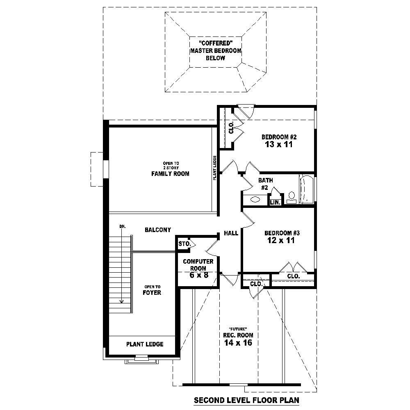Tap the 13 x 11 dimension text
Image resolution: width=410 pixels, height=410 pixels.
[278, 144]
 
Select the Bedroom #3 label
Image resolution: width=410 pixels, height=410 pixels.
[282, 233]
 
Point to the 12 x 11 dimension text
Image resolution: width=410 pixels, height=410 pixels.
[280, 241]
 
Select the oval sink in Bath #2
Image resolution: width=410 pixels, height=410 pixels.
[255, 200]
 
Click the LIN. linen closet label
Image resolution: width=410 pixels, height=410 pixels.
[275, 202]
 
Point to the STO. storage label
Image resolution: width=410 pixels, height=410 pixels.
[184, 244]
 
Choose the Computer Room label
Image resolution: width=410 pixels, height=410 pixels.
[198, 265]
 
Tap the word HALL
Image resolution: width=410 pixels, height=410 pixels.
[231, 233]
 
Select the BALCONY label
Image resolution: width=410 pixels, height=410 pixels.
[158, 230]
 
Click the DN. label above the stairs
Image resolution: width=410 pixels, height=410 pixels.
[122, 226]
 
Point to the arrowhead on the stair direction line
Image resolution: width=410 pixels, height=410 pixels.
[122, 301]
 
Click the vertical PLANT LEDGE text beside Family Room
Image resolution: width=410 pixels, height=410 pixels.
[214, 168]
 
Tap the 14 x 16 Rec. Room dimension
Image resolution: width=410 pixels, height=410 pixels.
[238, 342]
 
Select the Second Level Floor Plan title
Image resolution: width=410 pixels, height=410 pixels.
[246, 400]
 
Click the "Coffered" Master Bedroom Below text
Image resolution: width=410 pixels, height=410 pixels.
[215, 50]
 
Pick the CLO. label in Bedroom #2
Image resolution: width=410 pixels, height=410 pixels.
[231, 128]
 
